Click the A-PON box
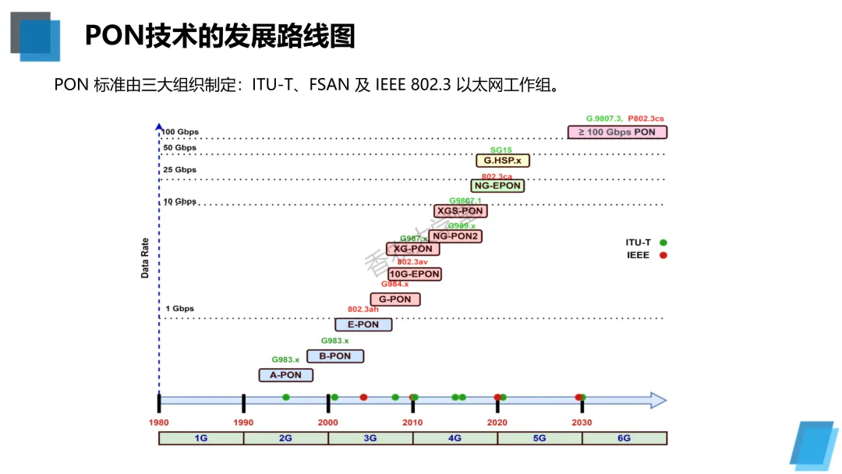[x=285, y=375]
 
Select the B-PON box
[x=335, y=356]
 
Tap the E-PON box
[x=363, y=324]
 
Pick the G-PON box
[x=395, y=299]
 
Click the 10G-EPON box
[x=415, y=274]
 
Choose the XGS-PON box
[x=459, y=211]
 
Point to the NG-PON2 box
[x=455, y=236]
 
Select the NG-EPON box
[x=497, y=186]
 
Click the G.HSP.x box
[x=503, y=161]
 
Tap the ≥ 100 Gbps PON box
[x=617, y=132]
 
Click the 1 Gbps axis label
[x=179, y=309]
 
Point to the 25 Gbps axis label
[x=179, y=170]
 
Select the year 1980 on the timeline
[x=159, y=423]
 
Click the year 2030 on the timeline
[x=582, y=423]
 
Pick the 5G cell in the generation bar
[x=540, y=438]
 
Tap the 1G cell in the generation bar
[x=201, y=438]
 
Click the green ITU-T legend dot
[x=663, y=242]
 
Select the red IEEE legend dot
[x=663, y=255]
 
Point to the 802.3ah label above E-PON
[x=363, y=310]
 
